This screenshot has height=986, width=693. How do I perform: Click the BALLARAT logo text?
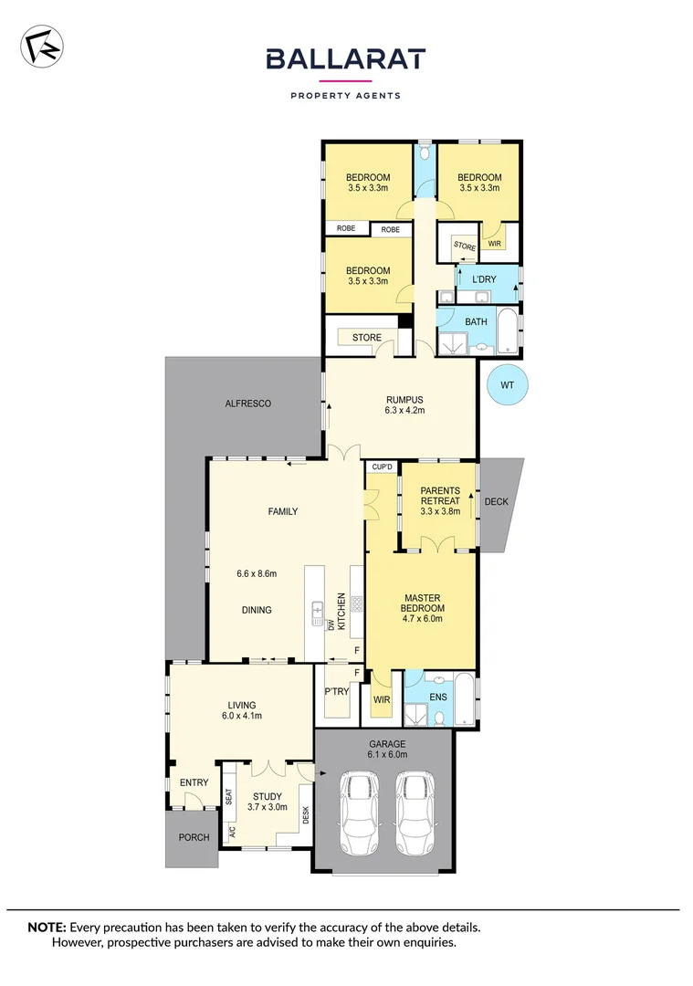pyautogui.click(x=345, y=59)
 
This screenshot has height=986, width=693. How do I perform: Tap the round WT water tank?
pyautogui.click(x=507, y=385)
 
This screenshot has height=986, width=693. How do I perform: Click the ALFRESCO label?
pyautogui.click(x=248, y=403)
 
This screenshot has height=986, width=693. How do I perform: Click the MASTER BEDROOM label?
pyautogui.click(x=424, y=603)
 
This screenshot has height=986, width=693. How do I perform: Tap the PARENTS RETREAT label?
pyautogui.click(x=440, y=496)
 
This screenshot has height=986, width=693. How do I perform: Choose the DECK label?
pyautogui.click(x=496, y=501)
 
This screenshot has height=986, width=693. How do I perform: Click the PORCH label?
pyautogui.click(x=194, y=837)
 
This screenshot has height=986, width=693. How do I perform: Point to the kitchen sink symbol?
pyautogui.click(x=318, y=608)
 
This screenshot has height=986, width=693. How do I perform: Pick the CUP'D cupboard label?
pyautogui.click(x=381, y=468)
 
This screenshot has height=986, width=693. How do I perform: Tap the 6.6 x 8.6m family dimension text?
pyautogui.click(x=256, y=573)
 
